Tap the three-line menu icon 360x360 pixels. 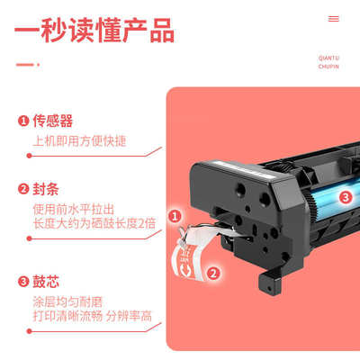point(334,18)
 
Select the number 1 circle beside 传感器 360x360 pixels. point(22,121)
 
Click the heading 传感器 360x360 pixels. point(52,121)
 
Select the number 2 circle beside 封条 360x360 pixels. point(22,189)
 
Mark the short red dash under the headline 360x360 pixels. point(28,64)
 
